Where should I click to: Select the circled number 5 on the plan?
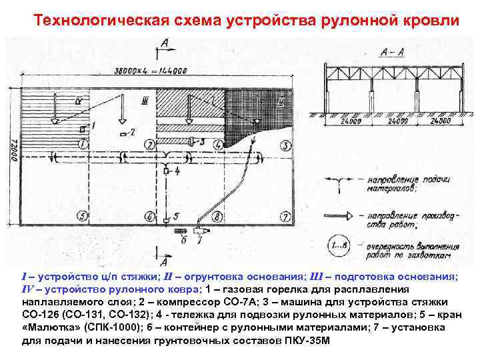[81, 215]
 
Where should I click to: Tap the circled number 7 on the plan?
[285, 216]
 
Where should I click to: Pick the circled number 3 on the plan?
[285, 145]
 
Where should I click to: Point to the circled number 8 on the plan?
[218, 216]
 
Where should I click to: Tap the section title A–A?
[390, 51]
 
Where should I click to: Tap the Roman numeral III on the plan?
[145, 100]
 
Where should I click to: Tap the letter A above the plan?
[165, 44]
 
